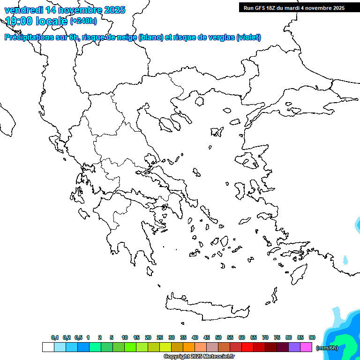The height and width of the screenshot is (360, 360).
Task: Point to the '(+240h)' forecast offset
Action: [x=83, y=21]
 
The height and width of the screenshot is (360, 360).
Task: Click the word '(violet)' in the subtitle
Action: [x=248, y=37]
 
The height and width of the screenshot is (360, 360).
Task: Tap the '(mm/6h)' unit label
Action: [x=327, y=348]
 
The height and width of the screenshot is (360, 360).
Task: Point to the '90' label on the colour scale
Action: [x=312, y=338]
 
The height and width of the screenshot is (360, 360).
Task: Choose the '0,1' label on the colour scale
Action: [x=55, y=338]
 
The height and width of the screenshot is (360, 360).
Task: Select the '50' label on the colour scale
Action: [x=218, y=338]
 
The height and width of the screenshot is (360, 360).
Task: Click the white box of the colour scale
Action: [x=48, y=347]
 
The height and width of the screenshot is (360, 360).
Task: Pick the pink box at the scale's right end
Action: [x=306, y=347]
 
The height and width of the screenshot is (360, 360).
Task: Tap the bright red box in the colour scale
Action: [x=247, y=347]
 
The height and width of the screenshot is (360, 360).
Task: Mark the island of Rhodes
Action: [x=298, y=273]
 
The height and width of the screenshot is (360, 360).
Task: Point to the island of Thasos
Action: [x=199, y=101]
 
